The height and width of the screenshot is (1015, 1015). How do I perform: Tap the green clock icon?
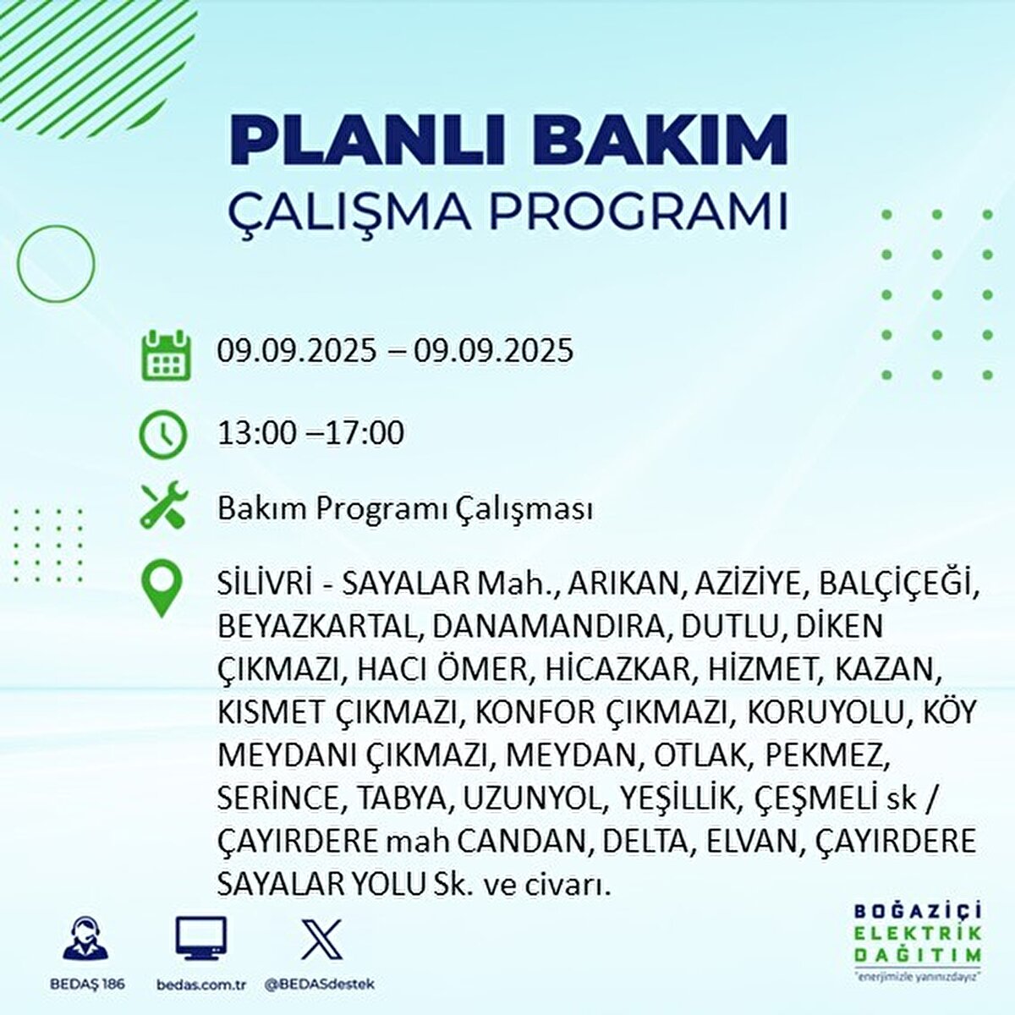coord(163,435)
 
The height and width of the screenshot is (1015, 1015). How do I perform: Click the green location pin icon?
coord(163,589)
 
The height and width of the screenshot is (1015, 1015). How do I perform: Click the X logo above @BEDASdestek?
coord(321,937)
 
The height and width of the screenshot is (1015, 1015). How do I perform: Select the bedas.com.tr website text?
coord(201,985)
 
